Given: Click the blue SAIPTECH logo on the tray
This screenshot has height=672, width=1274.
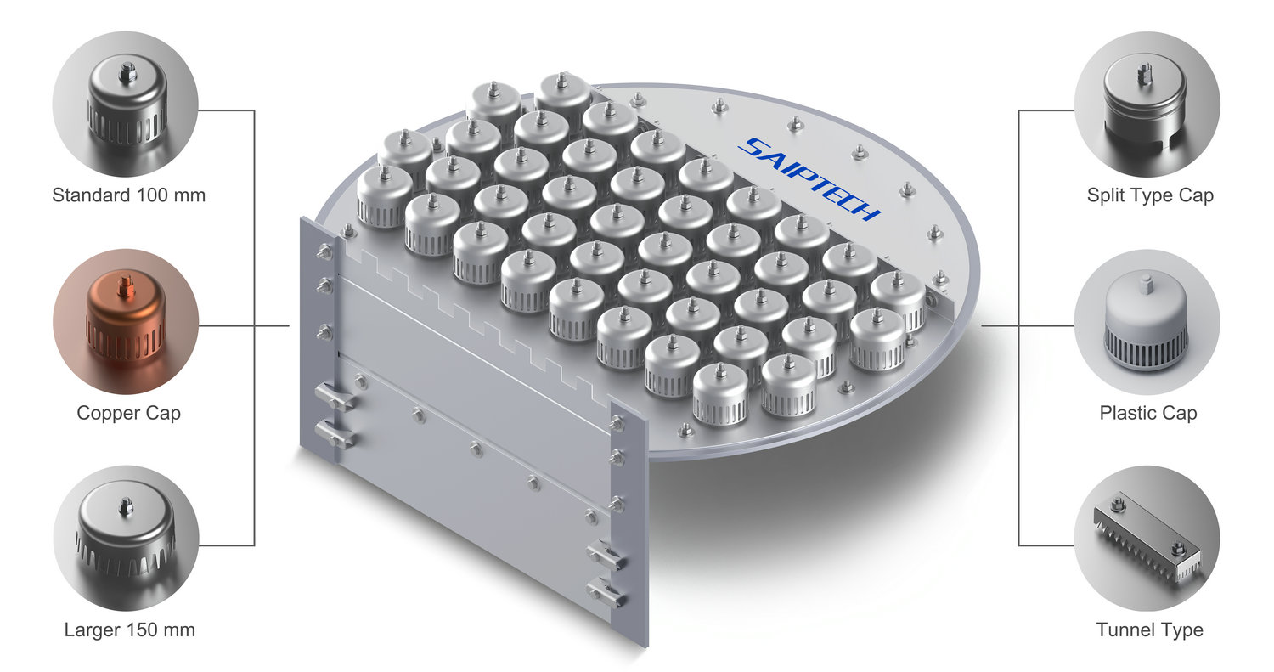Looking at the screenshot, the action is (x=809, y=179).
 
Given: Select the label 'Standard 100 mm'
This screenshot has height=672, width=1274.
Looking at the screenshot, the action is (x=128, y=195).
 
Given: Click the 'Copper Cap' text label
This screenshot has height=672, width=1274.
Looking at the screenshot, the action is (x=128, y=413).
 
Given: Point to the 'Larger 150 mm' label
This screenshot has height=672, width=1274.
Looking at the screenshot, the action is (x=130, y=630).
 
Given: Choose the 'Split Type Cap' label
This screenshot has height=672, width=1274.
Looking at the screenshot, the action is (x=1150, y=195).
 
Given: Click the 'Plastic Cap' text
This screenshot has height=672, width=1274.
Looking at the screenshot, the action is (x=1147, y=413).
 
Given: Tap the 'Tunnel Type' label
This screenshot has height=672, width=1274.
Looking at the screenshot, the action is (x=1149, y=630).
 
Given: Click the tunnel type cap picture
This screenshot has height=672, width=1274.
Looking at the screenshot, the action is (x=1147, y=538).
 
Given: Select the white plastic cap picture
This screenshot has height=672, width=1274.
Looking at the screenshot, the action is (x=1146, y=323).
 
